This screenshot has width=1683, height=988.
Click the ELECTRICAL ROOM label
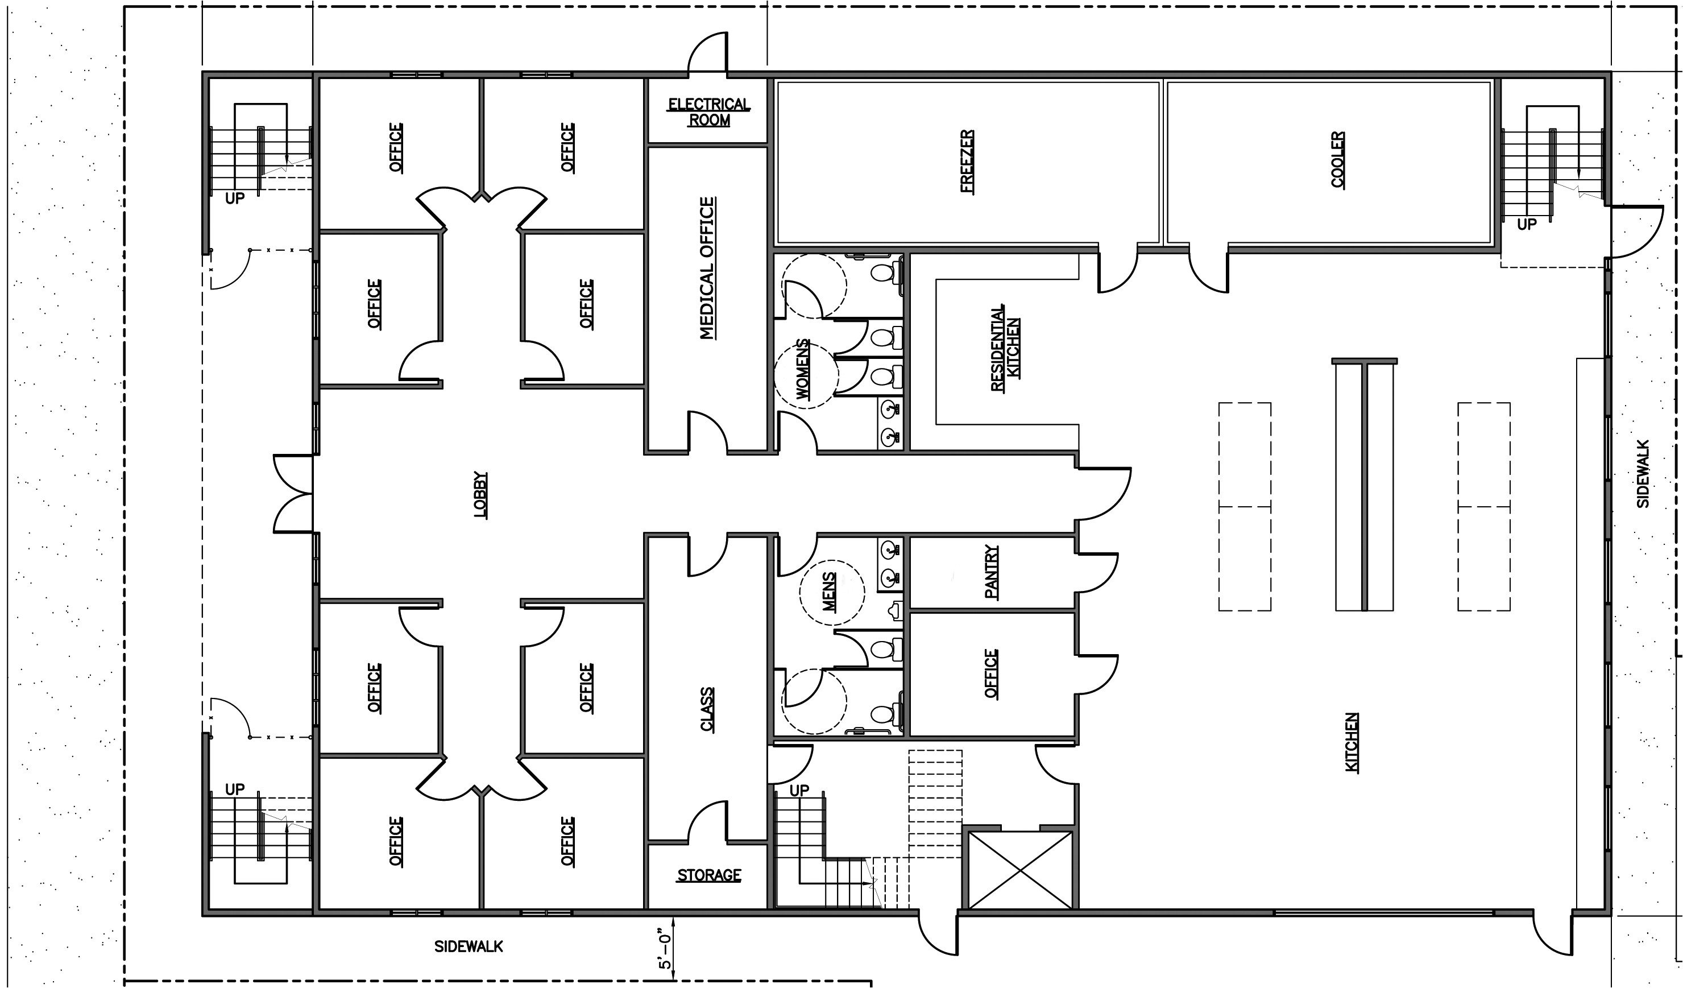pos(708,112)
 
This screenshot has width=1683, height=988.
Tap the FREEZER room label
pos(967,161)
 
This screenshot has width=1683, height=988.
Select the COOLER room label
pos(1338,160)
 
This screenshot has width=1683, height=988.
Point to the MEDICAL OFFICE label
pos(707,268)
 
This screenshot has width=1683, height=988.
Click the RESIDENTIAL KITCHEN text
pos(1005,348)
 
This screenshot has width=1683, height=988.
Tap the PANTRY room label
pos(992,572)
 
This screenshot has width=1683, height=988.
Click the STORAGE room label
pos(708,875)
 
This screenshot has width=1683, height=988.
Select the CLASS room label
pos(707,709)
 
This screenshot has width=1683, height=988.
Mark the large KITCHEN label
pos(1351,742)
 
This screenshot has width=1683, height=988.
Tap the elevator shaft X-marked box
pos(1020,870)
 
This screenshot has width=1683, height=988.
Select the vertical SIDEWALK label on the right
pos(1643,474)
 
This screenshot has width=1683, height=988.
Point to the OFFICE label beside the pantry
pos(991,673)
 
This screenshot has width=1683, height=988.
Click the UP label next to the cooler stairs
pos(1526,225)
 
